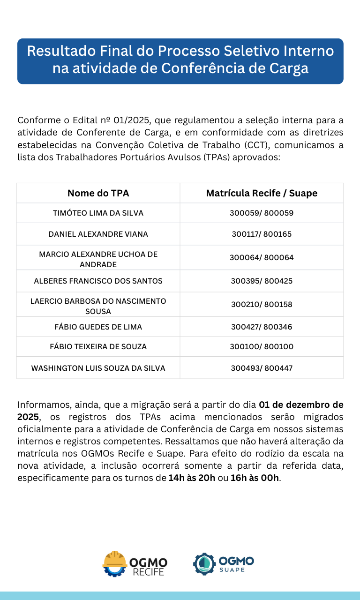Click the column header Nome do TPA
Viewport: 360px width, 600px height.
[x=98, y=193]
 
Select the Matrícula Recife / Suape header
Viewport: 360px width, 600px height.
[x=262, y=193]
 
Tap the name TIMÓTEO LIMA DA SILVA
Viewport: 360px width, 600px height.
[x=98, y=213]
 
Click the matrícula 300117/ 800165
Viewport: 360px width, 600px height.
[x=262, y=234]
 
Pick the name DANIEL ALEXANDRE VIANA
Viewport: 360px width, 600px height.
[x=98, y=234]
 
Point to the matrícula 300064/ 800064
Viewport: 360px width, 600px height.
[x=262, y=257]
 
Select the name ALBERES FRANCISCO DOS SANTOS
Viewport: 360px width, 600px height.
[x=98, y=281]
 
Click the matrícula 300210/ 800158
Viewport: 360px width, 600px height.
[x=262, y=304]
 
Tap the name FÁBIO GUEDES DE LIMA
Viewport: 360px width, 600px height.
[x=98, y=327]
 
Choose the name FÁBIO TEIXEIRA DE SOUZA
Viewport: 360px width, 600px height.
[x=98, y=347]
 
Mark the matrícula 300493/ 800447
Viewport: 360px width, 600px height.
[x=262, y=368]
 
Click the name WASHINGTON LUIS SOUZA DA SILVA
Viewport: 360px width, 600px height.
[x=98, y=368]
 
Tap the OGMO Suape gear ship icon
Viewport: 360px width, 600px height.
[x=204, y=564]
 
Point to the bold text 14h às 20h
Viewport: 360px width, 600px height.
[x=192, y=478]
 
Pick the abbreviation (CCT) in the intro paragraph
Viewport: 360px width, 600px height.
[x=257, y=145]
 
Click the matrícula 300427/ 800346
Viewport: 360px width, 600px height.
[x=262, y=327]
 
